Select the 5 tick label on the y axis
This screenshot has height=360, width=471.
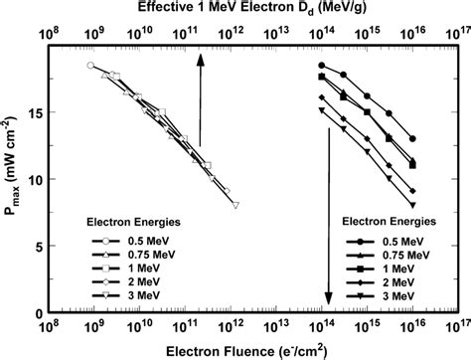pos(36,246)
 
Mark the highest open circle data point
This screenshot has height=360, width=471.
pos(90,66)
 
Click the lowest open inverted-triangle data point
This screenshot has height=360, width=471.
pos(235,205)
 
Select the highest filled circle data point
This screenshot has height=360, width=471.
pos(321,66)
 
